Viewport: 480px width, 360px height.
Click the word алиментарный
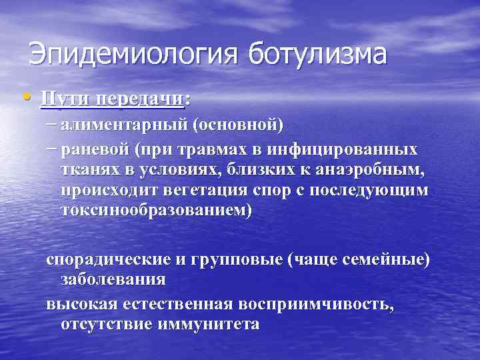pos(121,124)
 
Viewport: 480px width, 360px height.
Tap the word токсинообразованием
pos(155,211)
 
